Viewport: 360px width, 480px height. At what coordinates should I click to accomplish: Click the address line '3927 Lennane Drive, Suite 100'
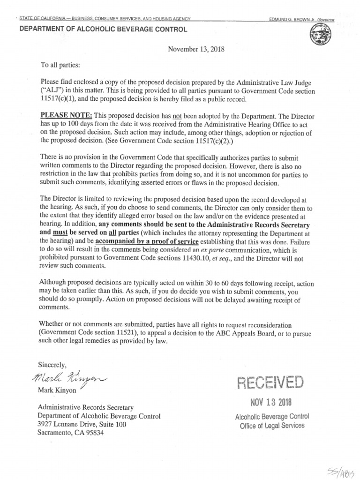[x=82, y=424]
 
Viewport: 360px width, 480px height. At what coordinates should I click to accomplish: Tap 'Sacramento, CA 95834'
[x=70, y=433]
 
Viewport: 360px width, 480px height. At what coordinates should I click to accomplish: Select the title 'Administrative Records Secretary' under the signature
[x=86, y=407]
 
